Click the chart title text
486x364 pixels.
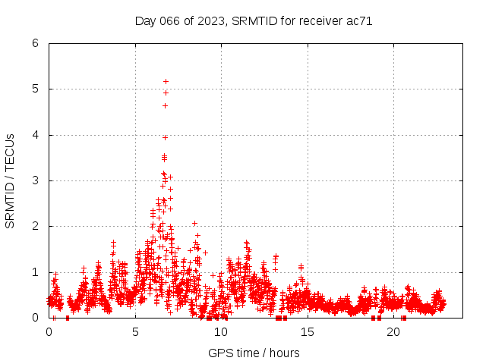click(254, 21)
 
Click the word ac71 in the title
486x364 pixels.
click(359, 21)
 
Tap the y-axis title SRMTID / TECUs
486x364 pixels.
click(10, 180)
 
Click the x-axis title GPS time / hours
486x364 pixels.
click(254, 353)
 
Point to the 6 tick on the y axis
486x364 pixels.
click(35, 43)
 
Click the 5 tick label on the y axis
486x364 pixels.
click(35, 89)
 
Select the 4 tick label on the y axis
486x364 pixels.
click(35, 135)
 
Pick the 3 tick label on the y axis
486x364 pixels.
click(35, 180)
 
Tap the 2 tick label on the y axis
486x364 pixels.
click(35, 226)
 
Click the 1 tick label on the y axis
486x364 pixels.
click(35, 272)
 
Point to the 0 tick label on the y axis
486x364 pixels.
click(35, 318)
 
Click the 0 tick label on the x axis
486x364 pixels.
click(49, 332)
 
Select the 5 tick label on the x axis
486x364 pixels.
click(135, 332)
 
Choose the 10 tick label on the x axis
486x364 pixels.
click(221, 332)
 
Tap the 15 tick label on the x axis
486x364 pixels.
click(307, 332)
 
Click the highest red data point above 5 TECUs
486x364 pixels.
click(166, 81)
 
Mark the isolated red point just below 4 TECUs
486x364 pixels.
click(165, 137)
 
